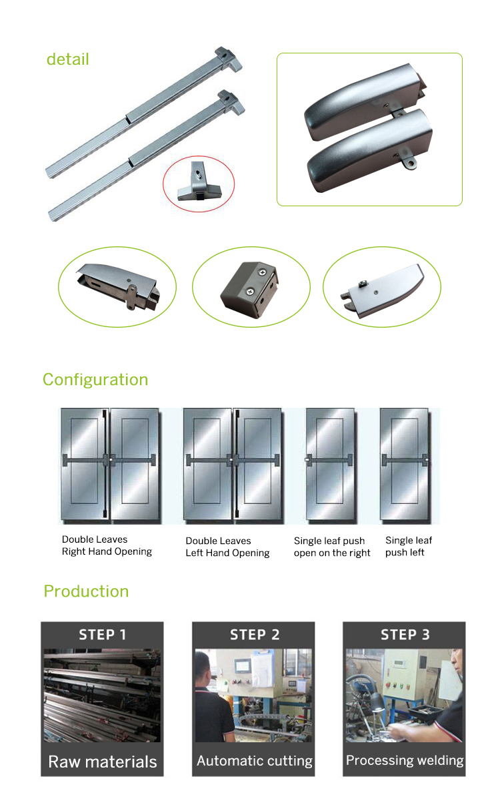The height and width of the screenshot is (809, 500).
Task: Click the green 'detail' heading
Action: [67, 59]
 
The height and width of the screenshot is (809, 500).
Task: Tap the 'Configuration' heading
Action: [95, 380]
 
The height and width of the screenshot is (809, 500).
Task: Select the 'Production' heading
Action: [86, 591]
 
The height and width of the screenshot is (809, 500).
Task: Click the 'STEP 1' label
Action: [102, 635]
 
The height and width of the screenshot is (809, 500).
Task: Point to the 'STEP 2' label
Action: [255, 635]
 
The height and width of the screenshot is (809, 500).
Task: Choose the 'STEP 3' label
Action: [405, 635]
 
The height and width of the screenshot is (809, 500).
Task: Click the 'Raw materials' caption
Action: [103, 762]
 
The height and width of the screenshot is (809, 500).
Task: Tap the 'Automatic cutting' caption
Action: [255, 761]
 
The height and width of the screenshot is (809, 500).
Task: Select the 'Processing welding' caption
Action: [405, 760]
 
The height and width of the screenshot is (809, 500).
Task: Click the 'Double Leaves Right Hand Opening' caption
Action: [107, 545]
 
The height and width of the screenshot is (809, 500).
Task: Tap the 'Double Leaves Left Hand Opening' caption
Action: [227, 547]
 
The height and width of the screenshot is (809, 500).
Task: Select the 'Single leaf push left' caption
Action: [409, 547]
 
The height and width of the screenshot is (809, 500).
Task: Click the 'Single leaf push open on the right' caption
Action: [332, 547]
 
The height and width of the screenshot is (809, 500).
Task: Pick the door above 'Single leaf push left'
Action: [405, 465]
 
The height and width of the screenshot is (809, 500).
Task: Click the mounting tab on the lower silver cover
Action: [409, 162]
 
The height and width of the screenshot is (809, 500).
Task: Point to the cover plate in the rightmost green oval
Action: [383, 291]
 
